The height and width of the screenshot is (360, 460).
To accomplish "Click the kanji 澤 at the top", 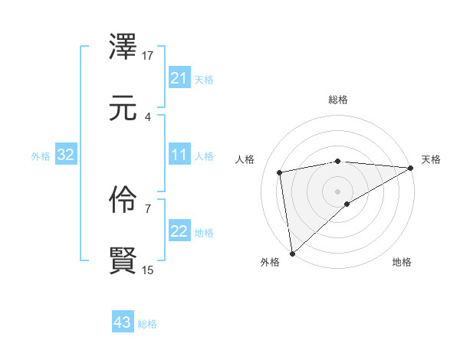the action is pos(123,49).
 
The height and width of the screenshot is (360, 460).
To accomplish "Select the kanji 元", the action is pos(123,109).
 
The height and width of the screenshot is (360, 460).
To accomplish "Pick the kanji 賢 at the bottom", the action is pos(123,260).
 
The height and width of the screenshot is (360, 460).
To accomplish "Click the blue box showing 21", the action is pos(179,78).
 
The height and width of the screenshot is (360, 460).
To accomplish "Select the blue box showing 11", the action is pos(179,155).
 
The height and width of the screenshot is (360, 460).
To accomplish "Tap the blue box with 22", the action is pos(179,232).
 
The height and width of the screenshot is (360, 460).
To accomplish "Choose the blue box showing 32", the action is pos(66,155).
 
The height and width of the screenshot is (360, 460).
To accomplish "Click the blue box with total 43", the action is pos(122,323).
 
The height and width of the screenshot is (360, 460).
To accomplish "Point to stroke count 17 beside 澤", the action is pos(148,56).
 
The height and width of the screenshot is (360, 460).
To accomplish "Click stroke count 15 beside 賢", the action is pos(148,270).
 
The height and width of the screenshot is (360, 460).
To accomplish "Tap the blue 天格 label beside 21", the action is pos(204,79).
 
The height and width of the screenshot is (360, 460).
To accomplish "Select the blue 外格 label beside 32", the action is pos(41,156).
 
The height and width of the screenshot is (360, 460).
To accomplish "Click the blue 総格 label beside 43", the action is pos(147,324).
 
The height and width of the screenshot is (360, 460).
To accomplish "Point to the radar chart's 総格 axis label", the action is pos(338,100).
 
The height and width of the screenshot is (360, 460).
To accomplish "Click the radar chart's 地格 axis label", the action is pos(402,262).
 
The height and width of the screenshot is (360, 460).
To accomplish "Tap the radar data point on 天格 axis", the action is pos(411,168).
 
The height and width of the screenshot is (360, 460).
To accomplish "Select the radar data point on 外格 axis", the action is pos(292,254).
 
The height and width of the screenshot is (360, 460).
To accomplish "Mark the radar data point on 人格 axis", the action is pos(281,172).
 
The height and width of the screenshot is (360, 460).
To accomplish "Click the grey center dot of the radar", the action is pos(338,191).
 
